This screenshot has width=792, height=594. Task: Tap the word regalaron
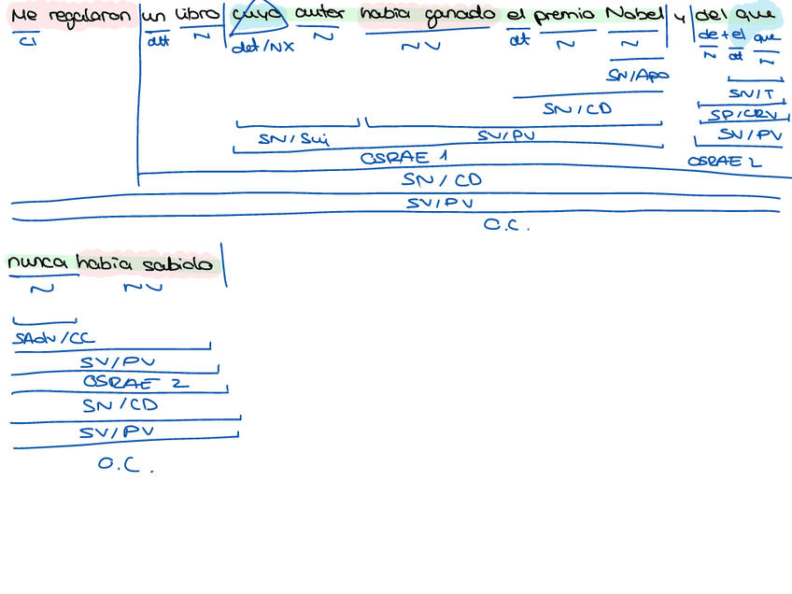[89, 18]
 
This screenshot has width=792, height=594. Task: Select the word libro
[198, 15]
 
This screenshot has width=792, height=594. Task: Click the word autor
[320, 15]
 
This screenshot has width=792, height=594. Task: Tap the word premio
[563, 16]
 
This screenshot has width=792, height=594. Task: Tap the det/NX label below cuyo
[262, 47]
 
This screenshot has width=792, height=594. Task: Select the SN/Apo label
[638, 75]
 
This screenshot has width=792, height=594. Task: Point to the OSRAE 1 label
[404, 157]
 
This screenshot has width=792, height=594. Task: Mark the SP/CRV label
[742, 115]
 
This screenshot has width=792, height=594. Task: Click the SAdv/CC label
[54, 339]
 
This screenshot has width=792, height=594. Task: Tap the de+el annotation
[721, 35]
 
